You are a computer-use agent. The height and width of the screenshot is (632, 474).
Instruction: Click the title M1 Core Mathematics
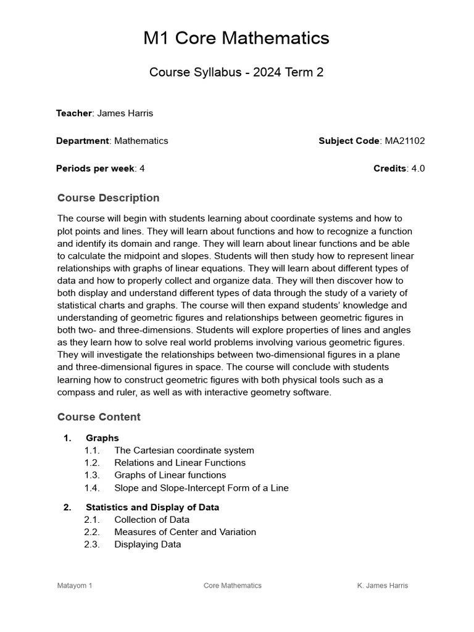(236, 38)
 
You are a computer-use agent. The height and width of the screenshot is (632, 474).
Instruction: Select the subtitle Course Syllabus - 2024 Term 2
(236, 72)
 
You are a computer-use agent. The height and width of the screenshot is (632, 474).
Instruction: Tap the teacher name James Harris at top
(125, 113)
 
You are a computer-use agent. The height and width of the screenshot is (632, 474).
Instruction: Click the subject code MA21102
(405, 141)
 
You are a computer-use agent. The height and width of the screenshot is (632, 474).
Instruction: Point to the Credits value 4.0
(418, 168)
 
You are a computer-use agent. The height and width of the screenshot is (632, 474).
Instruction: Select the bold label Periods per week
(95, 168)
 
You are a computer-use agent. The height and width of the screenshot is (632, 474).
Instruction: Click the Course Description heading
(108, 198)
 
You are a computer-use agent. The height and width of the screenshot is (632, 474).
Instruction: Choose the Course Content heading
(99, 417)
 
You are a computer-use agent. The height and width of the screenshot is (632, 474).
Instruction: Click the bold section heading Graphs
(102, 438)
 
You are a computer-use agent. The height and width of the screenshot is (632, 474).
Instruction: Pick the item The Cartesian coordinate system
(184, 451)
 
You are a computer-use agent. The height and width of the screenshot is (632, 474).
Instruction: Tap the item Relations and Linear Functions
(180, 463)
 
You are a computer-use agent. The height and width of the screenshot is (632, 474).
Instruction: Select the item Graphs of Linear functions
(170, 475)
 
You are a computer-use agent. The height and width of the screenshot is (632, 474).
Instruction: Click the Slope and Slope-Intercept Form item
(201, 488)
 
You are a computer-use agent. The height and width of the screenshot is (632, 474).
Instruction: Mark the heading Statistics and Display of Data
(152, 507)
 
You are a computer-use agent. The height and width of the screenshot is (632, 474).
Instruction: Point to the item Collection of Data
(152, 520)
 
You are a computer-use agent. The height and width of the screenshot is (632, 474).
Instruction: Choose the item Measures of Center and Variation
(185, 532)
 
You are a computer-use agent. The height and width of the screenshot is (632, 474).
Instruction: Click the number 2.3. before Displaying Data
(92, 544)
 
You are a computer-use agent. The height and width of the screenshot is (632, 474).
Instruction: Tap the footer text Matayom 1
(75, 586)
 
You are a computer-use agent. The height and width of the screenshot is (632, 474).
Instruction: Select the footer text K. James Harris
(383, 586)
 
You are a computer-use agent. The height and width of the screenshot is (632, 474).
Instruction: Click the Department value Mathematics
(141, 141)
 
